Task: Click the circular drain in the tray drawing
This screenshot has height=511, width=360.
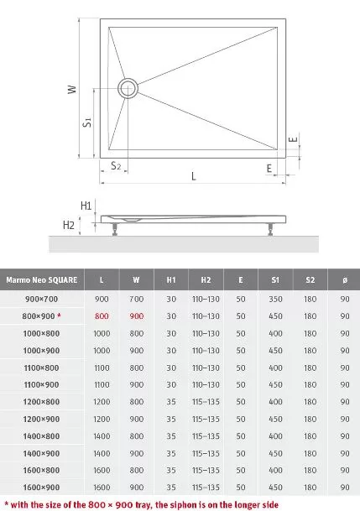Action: [128, 81]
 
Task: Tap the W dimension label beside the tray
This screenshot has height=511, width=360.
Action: [72, 89]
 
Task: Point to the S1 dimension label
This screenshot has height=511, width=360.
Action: [87, 123]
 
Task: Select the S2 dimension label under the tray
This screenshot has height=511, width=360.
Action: [116, 165]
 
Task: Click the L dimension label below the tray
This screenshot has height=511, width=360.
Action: [194, 176]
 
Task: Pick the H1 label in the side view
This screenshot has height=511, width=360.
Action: [86, 206]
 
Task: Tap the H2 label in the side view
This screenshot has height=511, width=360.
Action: [69, 225]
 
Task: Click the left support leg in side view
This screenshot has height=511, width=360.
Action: [115, 229]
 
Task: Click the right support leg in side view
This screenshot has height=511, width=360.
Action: [270, 229]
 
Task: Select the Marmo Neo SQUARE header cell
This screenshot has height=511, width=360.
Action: [42, 280]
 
